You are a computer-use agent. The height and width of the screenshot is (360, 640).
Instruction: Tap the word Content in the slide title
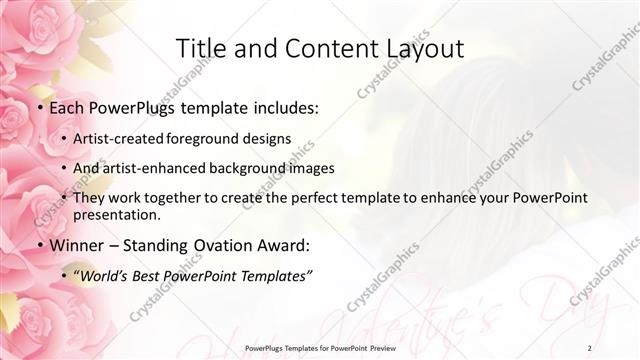pos(319,48)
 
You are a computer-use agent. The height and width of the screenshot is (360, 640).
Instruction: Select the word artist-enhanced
pos(156,168)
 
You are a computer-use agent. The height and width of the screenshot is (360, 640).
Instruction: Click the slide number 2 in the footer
pos(589,347)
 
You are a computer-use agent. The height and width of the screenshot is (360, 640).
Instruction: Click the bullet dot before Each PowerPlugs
pos(39,107)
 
